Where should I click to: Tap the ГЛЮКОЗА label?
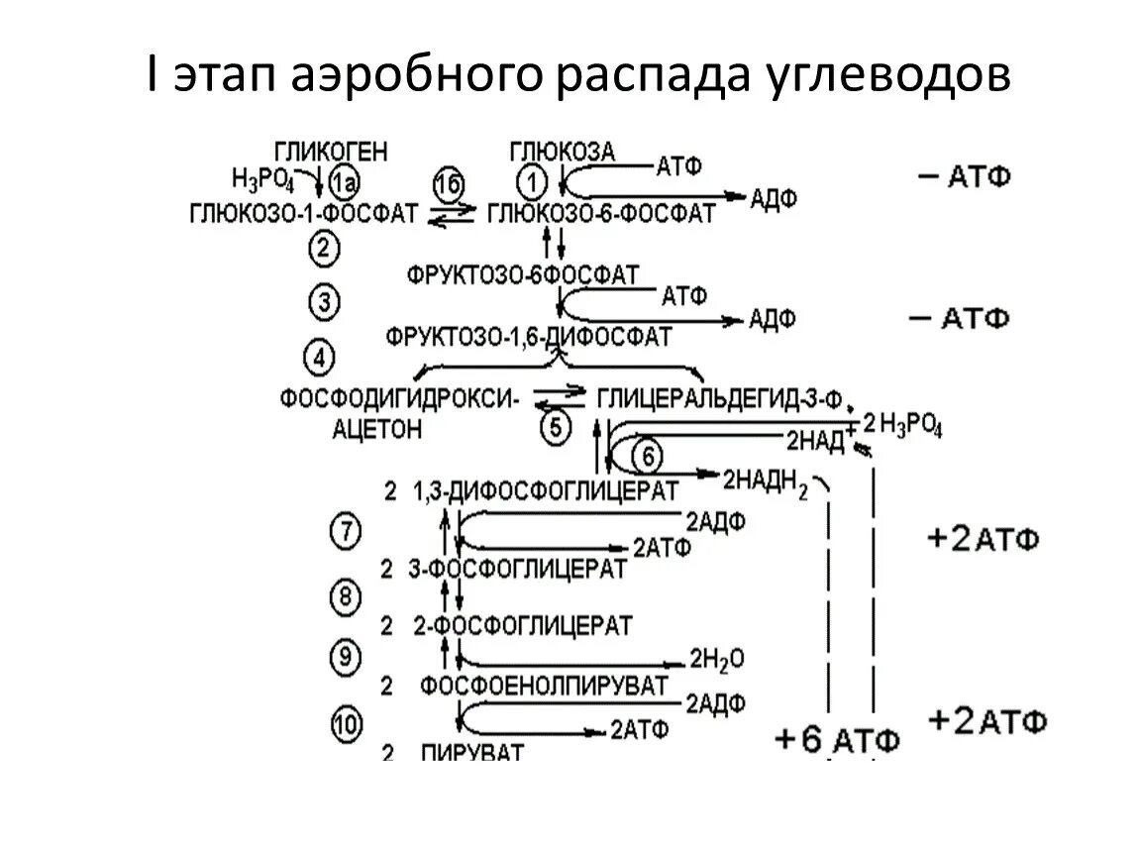[x=562, y=152]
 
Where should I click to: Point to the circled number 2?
[x=323, y=250]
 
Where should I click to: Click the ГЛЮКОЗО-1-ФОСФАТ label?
[x=303, y=213]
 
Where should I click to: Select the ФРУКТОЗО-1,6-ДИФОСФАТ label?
[x=530, y=336]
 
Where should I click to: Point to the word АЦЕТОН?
[x=377, y=428]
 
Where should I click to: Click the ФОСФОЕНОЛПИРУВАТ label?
[x=543, y=685]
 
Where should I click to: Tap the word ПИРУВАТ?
[x=471, y=752]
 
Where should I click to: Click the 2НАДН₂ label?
[x=766, y=480]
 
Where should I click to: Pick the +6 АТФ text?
[x=838, y=739]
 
